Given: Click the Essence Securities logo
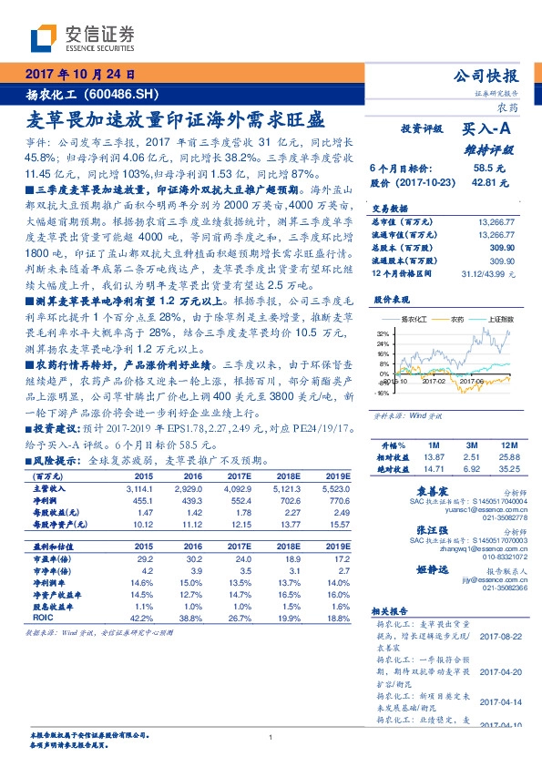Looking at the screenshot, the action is click(82, 37).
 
